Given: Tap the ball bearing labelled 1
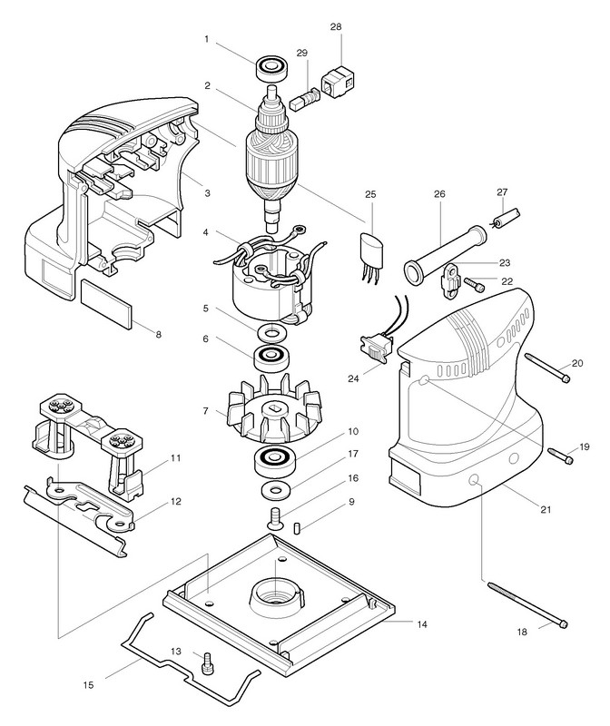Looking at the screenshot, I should tap(271, 66).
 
